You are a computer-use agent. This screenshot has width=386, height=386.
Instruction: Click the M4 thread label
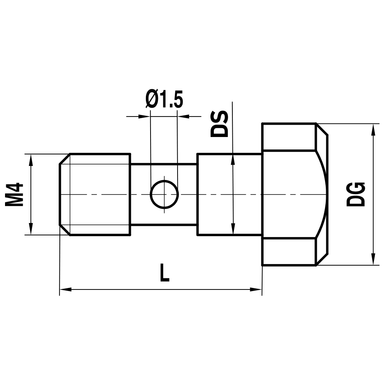(x=14, y=195)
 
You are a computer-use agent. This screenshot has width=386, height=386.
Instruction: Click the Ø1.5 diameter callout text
(x=164, y=100)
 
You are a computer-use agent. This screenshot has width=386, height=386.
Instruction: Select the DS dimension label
(x=219, y=124)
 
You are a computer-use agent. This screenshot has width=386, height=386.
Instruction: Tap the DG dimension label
(x=356, y=194)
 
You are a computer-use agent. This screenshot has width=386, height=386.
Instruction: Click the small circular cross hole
(x=164, y=195)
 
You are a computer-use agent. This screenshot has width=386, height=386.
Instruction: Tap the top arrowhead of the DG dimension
(x=373, y=129)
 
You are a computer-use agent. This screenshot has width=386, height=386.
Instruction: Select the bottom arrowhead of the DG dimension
(x=373, y=259)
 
